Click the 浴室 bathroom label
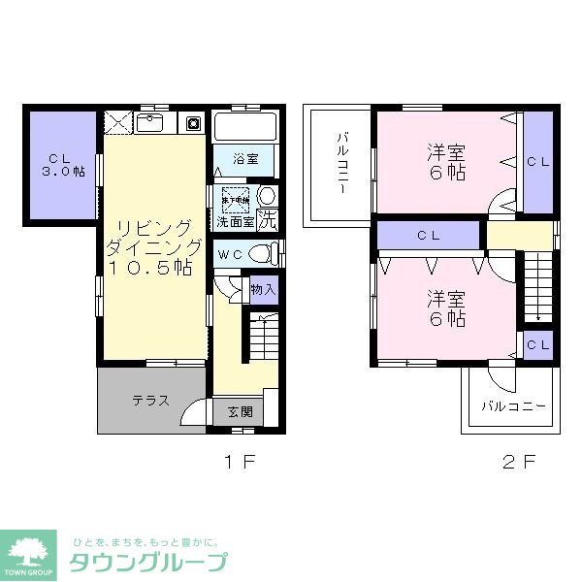point(244,157)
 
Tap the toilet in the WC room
point(259,253)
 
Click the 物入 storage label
point(263,290)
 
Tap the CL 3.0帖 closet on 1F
point(60,164)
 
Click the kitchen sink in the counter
point(150,123)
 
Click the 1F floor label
point(240,462)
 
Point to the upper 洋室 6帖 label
point(446,163)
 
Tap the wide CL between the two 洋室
point(428,235)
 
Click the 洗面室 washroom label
point(235,221)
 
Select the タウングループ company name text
point(147,562)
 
